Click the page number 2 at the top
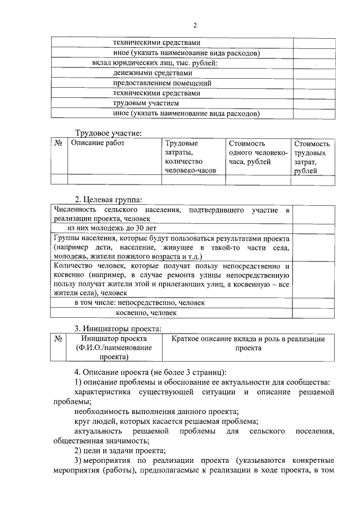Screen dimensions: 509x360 click(195, 25)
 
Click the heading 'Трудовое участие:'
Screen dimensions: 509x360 click(109, 133)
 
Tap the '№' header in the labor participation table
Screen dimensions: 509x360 click(58, 143)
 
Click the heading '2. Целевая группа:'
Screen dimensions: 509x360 click(109, 199)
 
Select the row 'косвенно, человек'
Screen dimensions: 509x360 click(146, 313)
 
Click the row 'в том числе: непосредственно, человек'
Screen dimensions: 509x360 click(140, 303)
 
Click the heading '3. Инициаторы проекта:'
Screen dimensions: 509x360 click(119, 328)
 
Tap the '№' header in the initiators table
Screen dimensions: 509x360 click(58, 339)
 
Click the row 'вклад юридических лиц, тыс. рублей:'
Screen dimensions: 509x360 click(155, 62)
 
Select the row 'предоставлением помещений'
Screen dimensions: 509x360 click(157, 83)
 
